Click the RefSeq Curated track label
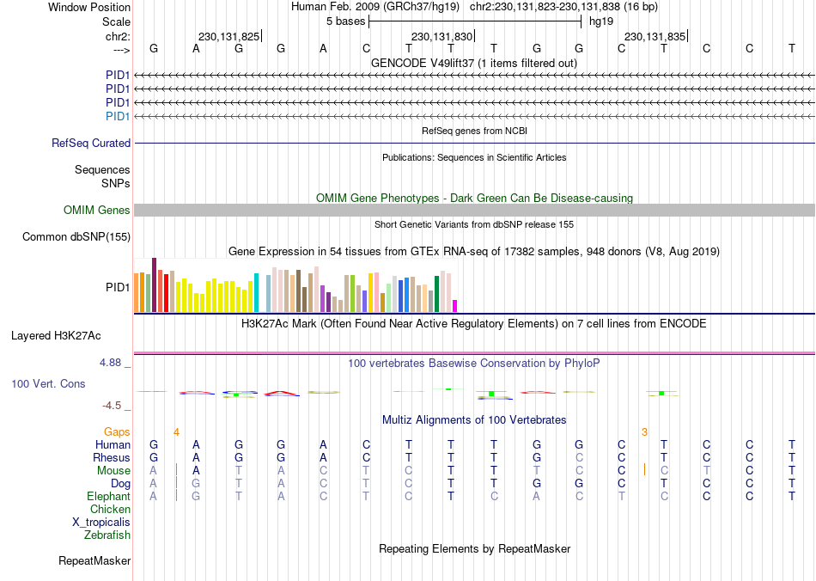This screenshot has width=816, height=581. click(x=91, y=144)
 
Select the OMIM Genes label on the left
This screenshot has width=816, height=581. click(x=97, y=211)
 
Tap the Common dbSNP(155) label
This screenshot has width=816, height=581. click(x=76, y=237)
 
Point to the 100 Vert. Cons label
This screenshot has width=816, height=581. click(x=48, y=384)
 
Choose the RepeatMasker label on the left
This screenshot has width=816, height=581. click(x=94, y=561)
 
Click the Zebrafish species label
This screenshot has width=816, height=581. click(x=107, y=535)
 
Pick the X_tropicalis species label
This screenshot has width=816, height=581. click(x=101, y=523)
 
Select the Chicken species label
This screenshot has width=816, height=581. click(x=110, y=510)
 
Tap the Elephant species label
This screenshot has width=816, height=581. click(x=108, y=497)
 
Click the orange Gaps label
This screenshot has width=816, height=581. click(x=118, y=431)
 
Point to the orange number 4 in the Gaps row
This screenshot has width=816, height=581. click(x=176, y=431)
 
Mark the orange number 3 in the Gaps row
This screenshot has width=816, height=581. click(x=644, y=431)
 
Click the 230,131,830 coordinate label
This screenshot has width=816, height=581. click(x=442, y=37)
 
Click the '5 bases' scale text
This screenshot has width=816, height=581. click(x=345, y=21)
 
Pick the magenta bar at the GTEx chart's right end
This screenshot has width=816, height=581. click(x=455, y=306)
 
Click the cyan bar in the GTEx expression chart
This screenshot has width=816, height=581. click(x=256, y=293)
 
